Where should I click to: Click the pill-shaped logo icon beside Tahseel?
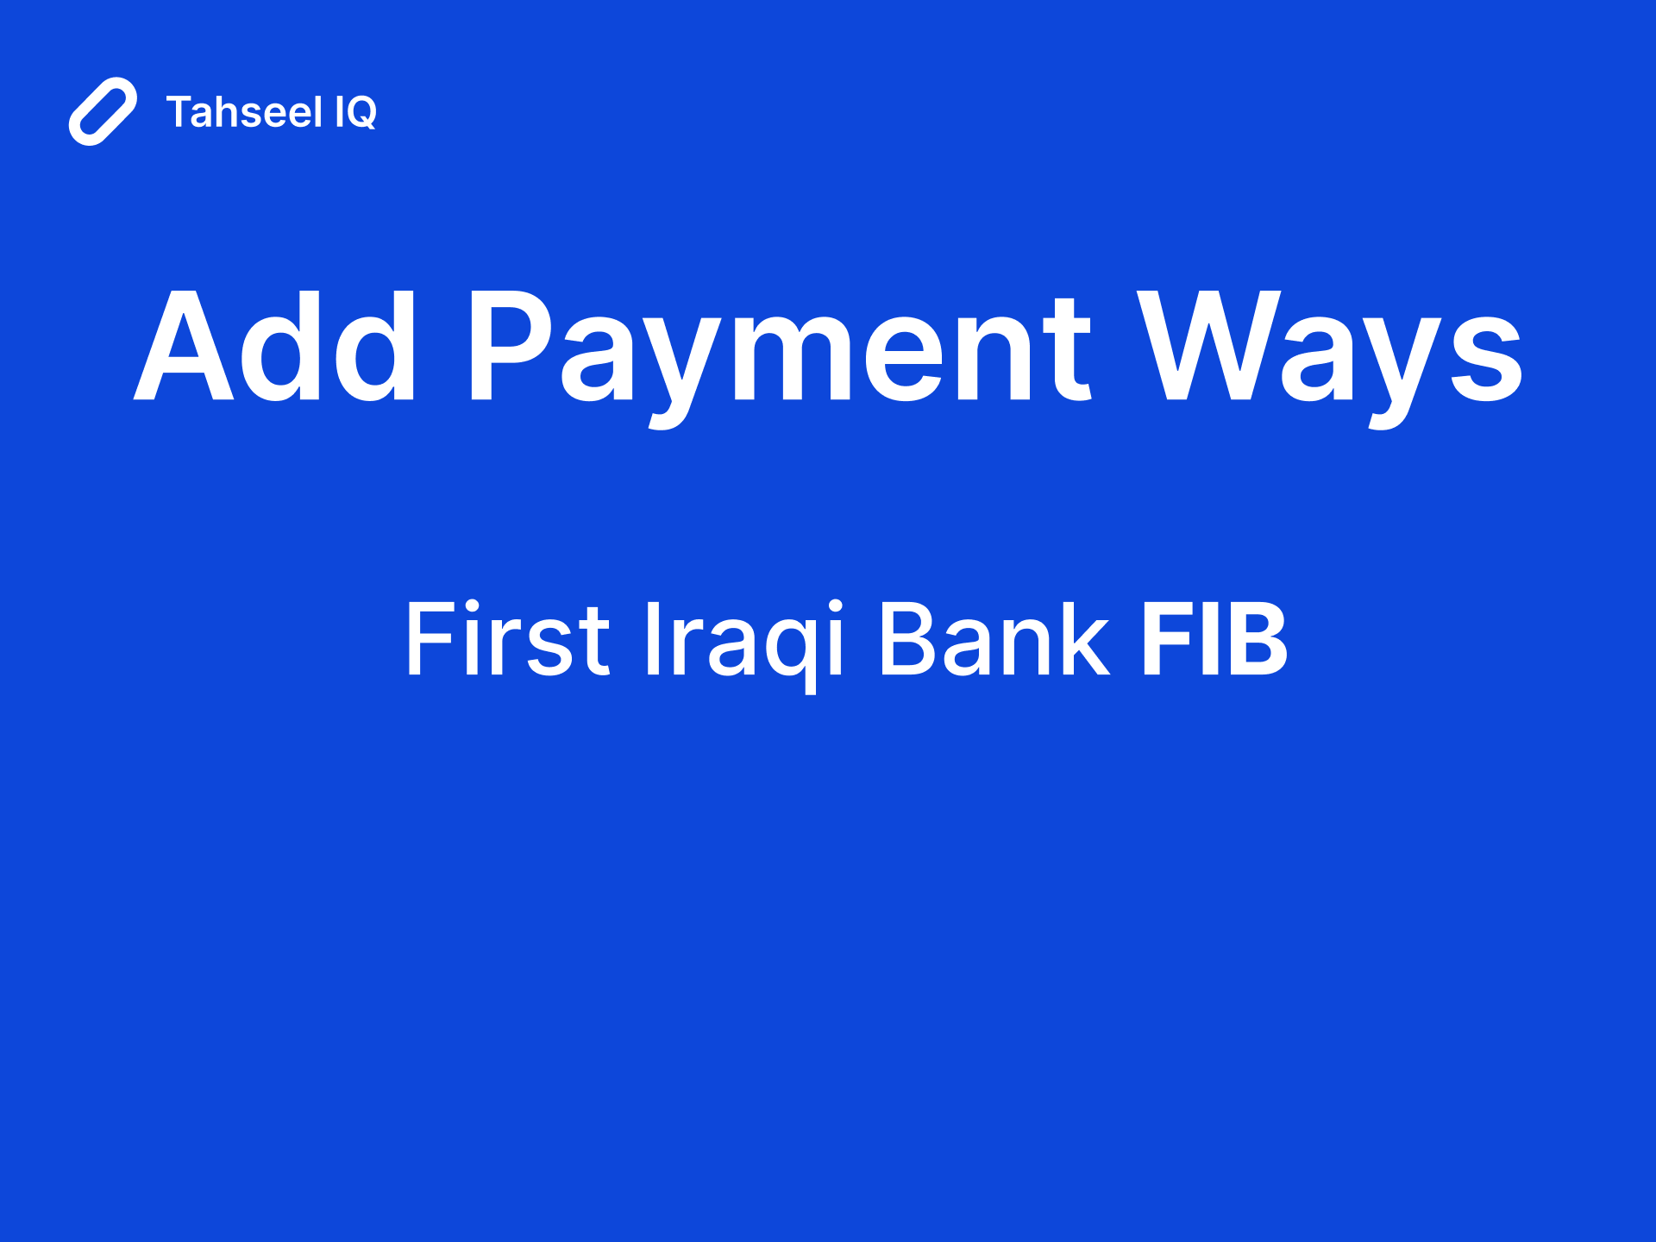point(103,111)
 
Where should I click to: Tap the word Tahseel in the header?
point(244,112)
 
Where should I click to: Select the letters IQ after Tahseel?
point(355,112)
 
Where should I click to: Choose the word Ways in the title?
point(1329,347)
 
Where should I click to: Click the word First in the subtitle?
point(507,639)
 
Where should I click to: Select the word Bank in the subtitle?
point(993,639)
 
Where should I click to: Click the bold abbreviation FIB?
point(1214,639)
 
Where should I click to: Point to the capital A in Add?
point(185,347)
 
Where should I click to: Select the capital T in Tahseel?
point(182,112)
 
